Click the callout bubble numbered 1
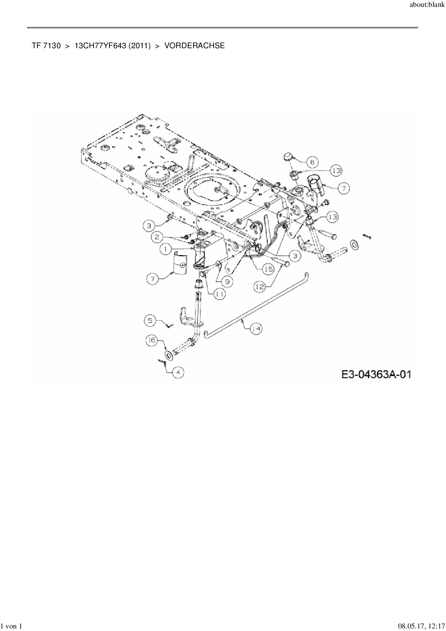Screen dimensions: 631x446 (166, 248)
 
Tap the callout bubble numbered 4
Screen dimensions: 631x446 (178, 373)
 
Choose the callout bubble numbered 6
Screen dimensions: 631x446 (312, 162)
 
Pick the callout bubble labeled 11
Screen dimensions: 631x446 (220, 294)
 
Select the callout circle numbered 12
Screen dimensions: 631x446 (261, 286)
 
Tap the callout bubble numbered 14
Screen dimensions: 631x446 (256, 329)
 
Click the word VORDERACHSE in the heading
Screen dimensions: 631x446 (195, 46)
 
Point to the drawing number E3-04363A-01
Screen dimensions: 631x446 (376, 374)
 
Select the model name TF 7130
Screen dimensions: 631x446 (46, 46)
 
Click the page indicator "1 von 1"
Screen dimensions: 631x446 (12, 626)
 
